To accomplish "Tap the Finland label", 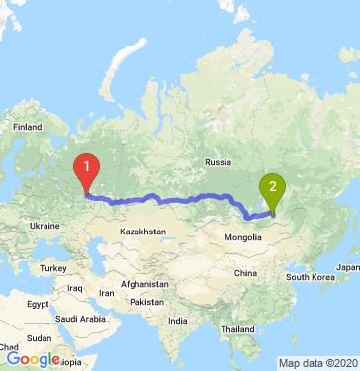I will point(25,128).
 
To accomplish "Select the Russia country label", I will point(217,162).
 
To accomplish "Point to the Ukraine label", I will point(45,226).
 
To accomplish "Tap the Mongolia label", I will point(242,238).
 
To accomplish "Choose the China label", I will point(244,273).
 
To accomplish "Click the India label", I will point(178,321).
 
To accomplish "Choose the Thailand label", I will point(238,328).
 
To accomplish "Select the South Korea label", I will point(312,276).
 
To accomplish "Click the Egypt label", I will point(37,302).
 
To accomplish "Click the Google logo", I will point(33,360).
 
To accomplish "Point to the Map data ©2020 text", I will point(315,362).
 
